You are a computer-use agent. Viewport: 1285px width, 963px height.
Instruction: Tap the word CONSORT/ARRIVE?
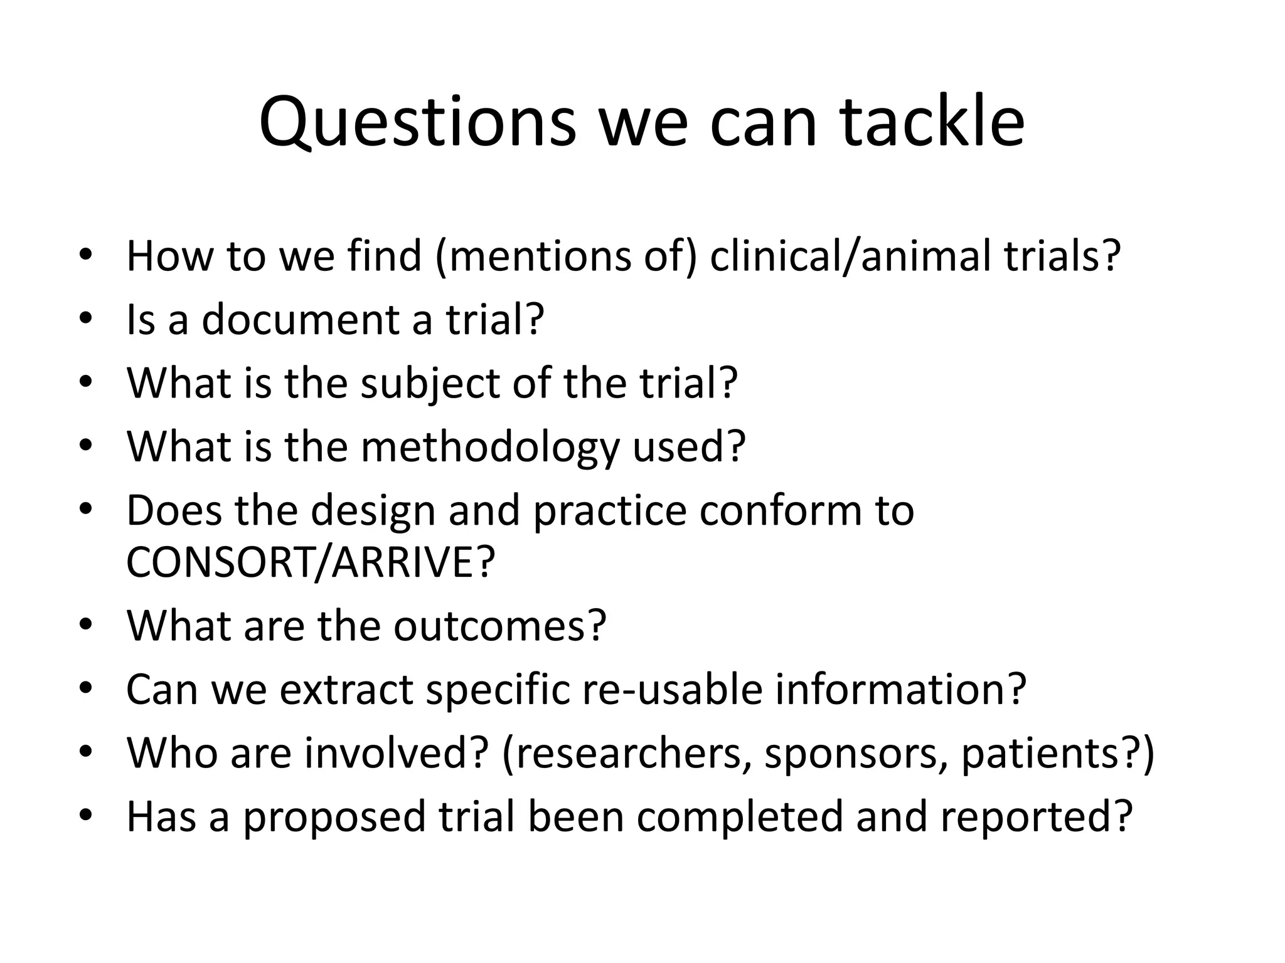[311, 562]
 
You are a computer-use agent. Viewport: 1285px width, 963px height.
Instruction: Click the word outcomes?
[500, 625]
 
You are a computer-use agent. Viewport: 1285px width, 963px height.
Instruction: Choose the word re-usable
[672, 689]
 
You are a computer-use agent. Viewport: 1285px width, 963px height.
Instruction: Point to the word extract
[346, 689]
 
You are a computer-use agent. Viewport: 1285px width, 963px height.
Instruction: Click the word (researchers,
[627, 752]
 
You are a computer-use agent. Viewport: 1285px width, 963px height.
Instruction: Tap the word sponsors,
[856, 752]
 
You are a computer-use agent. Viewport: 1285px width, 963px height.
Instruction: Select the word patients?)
[1057, 752]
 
